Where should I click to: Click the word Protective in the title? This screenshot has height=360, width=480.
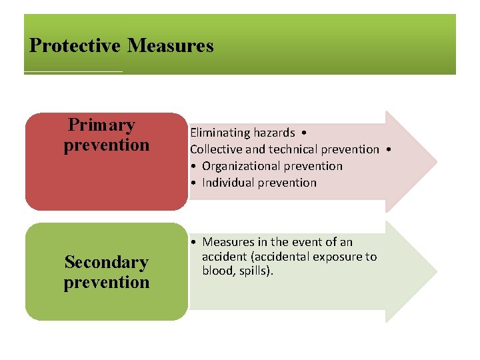click(x=75, y=46)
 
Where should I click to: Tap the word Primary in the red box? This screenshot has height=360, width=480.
click(x=101, y=125)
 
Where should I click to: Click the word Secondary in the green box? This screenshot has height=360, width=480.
click(x=106, y=263)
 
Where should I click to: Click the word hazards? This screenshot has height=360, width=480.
click(x=270, y=133)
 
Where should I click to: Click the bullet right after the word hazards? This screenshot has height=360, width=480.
click(x=303, y=133)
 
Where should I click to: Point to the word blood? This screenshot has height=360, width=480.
click(x=217, y=271)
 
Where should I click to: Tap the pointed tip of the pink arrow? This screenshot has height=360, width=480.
click(x=436, y=161)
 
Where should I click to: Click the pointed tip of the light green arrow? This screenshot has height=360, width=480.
click(x=436, y=272)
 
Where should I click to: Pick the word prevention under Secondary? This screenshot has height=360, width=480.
click(x=107, y=283)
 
